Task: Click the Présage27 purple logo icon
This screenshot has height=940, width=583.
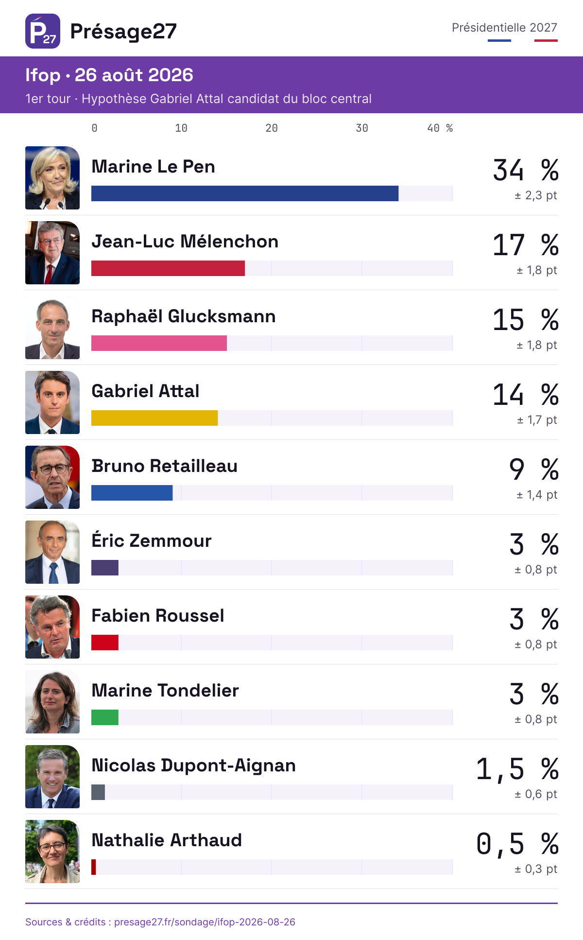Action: [x=43, y=31]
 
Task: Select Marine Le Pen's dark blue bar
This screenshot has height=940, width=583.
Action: [x=245, y=193]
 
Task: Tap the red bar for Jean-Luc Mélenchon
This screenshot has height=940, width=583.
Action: [x=168, y=268]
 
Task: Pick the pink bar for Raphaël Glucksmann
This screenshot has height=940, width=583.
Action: [x=159, y=343]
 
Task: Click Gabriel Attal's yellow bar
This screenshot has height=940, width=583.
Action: [x=154, y=418]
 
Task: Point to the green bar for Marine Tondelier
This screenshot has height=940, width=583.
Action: [x=105, y=717]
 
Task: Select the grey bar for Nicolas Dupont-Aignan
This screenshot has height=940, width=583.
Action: [x=98, y=792]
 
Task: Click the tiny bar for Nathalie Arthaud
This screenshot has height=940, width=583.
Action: [x=94, y=867]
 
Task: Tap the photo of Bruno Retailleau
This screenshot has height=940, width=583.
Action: [x=52, y=477]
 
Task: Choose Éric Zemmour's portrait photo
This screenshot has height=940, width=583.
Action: [x=52, y=552]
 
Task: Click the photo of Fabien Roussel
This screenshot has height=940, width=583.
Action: [x=52, y=627]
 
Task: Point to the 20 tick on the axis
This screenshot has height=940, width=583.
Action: [x=272, y=128]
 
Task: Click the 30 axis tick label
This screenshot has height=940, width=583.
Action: [x=362, y=128]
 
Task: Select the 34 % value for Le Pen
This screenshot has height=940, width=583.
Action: [x=526, y=170]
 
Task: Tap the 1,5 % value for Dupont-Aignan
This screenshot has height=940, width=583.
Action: [x=517, y=769]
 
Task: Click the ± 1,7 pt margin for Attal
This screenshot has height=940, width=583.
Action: [x=537, y=420]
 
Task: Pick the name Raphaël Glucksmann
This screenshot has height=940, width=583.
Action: [x=184, y=316]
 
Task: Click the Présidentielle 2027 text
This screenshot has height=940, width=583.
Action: [x=504, y=28]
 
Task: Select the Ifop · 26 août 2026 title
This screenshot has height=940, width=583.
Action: [x=109, y=75]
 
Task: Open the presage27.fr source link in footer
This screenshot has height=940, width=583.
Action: [x=205, y=922]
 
